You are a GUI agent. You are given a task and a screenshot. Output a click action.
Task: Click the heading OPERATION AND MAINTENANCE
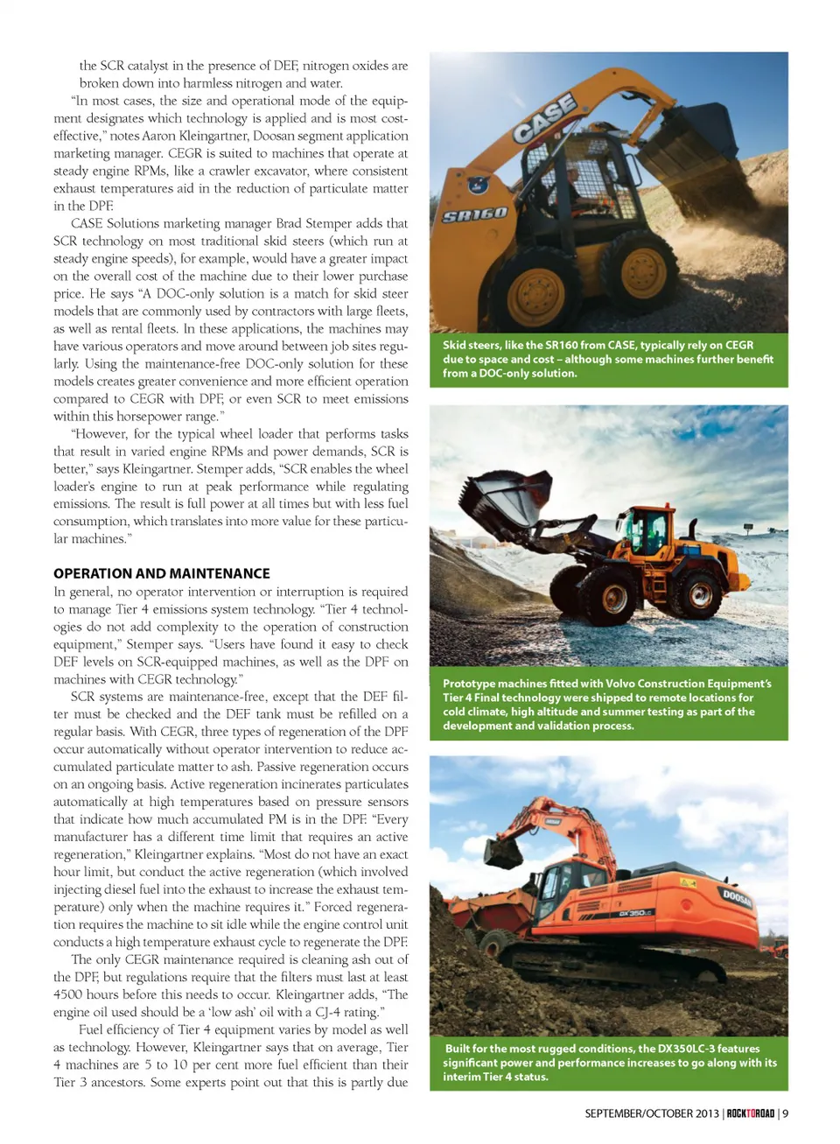162,573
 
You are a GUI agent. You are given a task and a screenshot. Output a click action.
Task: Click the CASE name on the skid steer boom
544,118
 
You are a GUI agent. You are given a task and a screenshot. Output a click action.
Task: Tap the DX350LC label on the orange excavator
635,913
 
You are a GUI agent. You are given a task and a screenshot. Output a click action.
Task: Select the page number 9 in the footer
786,1113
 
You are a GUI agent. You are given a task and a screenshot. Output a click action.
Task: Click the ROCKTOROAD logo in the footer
751,1113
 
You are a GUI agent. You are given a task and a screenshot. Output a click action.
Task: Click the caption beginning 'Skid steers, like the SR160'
608,359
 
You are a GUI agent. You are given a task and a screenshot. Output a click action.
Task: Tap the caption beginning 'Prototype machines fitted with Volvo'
608,705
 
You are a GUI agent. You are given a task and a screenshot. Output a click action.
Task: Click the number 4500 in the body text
68,994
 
